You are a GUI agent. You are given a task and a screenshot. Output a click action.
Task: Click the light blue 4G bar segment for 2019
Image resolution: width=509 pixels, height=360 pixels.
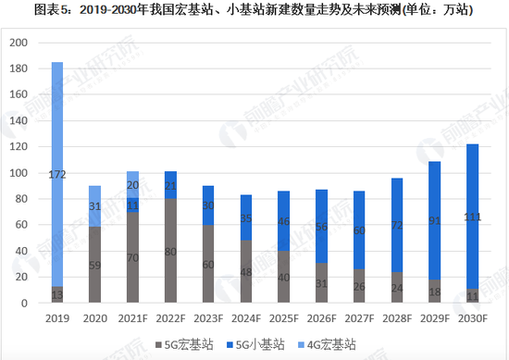pyautogui.click(x=56, y=148)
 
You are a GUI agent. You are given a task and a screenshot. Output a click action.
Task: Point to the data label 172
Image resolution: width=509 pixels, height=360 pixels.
pyautogui.click(x=56, y=174)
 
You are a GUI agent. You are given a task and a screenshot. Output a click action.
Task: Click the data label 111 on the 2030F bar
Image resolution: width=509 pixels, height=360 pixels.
pyautogui.click(x=472, y=217)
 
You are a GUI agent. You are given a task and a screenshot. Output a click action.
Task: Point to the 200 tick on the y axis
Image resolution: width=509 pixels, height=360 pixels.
pyautogui.click(x=19, y=43)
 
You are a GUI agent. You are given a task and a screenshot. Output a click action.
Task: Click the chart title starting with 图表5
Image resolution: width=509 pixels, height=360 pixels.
pyautogui.click(x=254, y=11)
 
